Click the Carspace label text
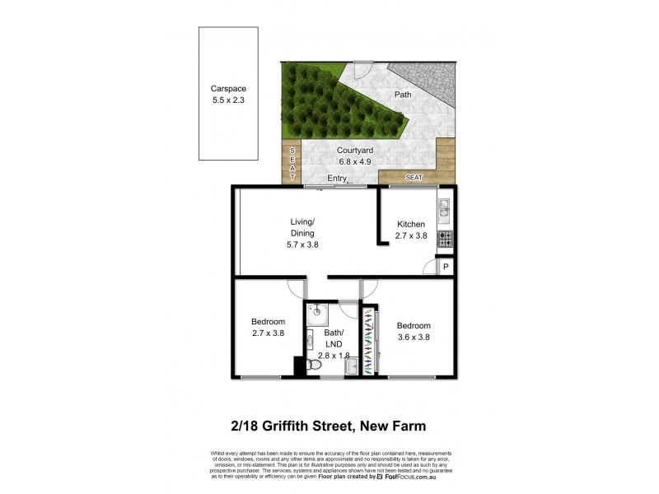(x=228, y=89)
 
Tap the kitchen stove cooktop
(x=445, y=239)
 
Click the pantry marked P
(x=446, y=267)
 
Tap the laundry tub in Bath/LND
(x=351, y=366)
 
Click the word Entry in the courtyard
(x=337, y=179)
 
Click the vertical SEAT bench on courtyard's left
(x=291, y=164)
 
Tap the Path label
(x=403, y=95)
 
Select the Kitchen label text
(x=411, y=224)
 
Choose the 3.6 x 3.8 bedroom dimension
(x=413, y=337)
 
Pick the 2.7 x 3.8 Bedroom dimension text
(x=268, y=333)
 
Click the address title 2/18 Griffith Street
(x=329, y=426)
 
